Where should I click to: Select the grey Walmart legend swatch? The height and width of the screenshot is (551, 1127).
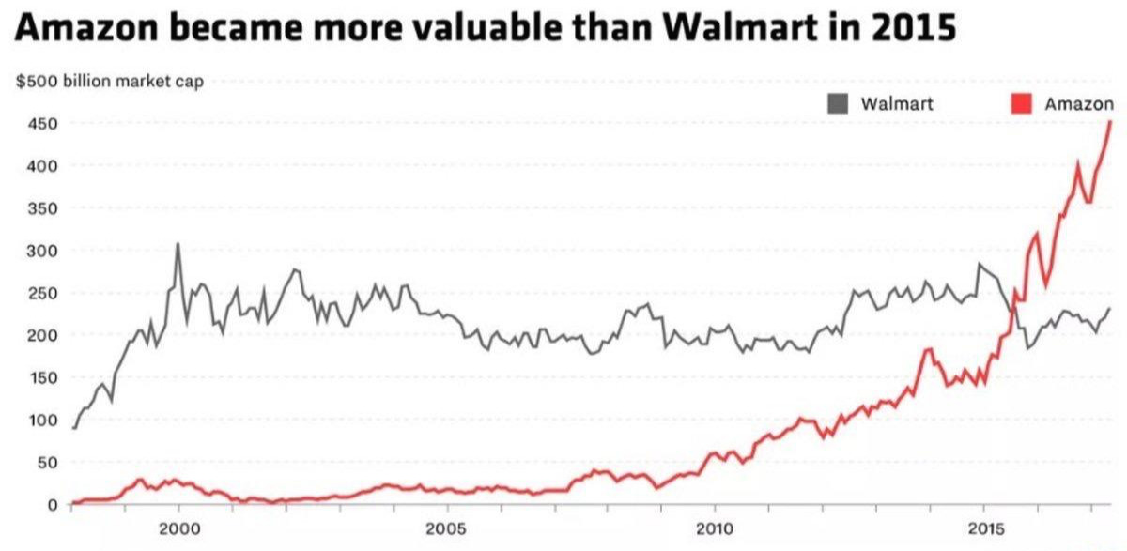pos(838,103)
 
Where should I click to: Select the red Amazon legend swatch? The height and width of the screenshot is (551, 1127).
pos(1021,103)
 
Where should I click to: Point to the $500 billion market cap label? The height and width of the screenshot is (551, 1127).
pos(110,82)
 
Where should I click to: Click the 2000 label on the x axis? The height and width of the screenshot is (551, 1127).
pos(178,529)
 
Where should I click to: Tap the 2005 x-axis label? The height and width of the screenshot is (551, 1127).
pos(446,529)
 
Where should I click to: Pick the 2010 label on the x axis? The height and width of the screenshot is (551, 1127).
pos(715,529)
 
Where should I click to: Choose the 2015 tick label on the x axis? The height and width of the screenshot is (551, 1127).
pos(984,529)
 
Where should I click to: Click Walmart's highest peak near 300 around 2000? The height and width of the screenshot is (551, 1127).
pos(178,244)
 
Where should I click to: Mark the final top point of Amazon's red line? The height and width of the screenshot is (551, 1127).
pos(1110,121)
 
